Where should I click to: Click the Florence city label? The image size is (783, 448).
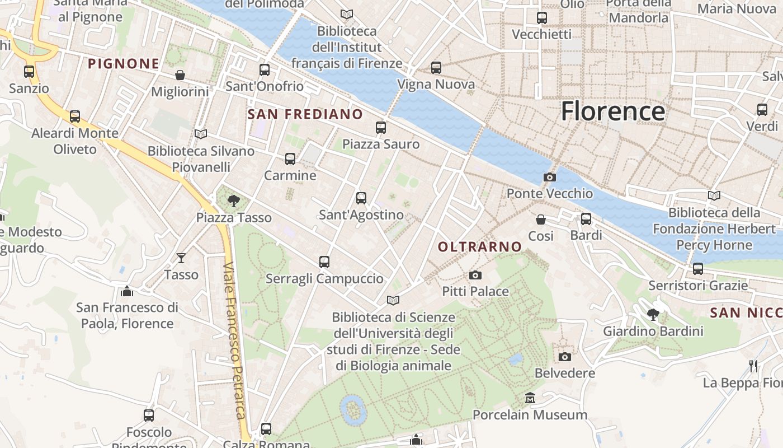click(x=613, y=111)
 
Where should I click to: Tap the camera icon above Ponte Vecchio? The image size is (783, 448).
click(x=550, y=178)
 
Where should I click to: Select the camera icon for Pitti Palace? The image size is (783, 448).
click(x=475, y=275)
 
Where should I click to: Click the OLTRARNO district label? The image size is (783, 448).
click(x=480, y=246)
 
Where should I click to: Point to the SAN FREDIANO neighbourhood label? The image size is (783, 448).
click(x=305, y=114)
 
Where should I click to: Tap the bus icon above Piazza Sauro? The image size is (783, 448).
click(x=381, y=128)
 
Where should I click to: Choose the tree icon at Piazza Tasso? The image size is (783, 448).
click(x=234, y=200)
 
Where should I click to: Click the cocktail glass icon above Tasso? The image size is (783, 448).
click(x=181, y=258)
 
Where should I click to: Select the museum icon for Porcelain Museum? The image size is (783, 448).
click(x=530, y=398)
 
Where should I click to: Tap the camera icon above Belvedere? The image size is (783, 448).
click(x=565, y=357)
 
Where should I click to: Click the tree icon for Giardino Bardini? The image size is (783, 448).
click(x=653, y=315)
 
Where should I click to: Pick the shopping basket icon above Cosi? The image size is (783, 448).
click(x=541, y=220)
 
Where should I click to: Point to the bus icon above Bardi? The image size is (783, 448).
click(x=586, y=219)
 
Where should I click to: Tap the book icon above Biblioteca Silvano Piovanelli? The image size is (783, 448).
click(x=201, y=134)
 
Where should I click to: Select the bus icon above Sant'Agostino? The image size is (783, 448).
click(x=361, y=198)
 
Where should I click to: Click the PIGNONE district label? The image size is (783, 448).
click(x=124, y=64)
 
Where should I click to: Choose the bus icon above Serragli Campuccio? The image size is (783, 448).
click(x=324, y=262)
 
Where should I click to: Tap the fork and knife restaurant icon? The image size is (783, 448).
click(x=753, y=366)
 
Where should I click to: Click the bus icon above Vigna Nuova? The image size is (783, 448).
click(x=436, y=68)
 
